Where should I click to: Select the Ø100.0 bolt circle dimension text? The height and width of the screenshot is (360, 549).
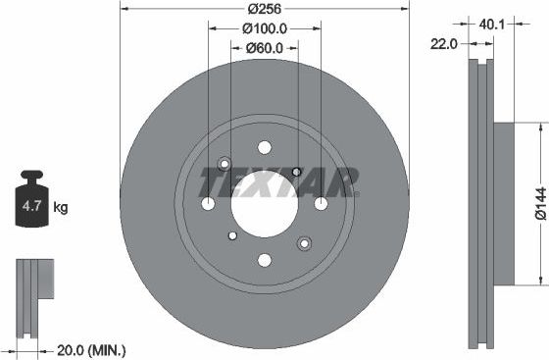(x=265, y=28)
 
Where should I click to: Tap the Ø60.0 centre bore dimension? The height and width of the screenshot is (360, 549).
(x=265, y=47)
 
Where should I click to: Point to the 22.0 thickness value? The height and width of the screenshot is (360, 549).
(x=446, y=42)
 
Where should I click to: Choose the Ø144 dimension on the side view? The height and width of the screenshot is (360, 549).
(x=538, y=202)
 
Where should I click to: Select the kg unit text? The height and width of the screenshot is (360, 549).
(x=61, y=207)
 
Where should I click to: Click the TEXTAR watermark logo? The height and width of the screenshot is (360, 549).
(x=278, y=180)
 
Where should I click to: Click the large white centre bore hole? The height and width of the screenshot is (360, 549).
(x=265, y=203)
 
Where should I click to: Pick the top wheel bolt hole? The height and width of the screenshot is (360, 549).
(x=265, y=146)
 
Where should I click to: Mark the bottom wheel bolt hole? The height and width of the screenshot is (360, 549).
(x=265, y=260)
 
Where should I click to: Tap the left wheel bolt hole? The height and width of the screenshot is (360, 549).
(x=208, y=203)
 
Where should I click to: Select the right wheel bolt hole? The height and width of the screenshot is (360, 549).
(x=322, y=203)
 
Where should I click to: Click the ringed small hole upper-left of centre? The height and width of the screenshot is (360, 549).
(x=225, y=163)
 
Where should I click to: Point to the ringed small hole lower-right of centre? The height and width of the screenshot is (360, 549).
(x=304, y=243)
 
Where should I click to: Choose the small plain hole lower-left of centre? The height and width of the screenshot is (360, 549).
(x=231, y=235)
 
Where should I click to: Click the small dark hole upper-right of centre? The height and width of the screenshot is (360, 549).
(x=298, y=171)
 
